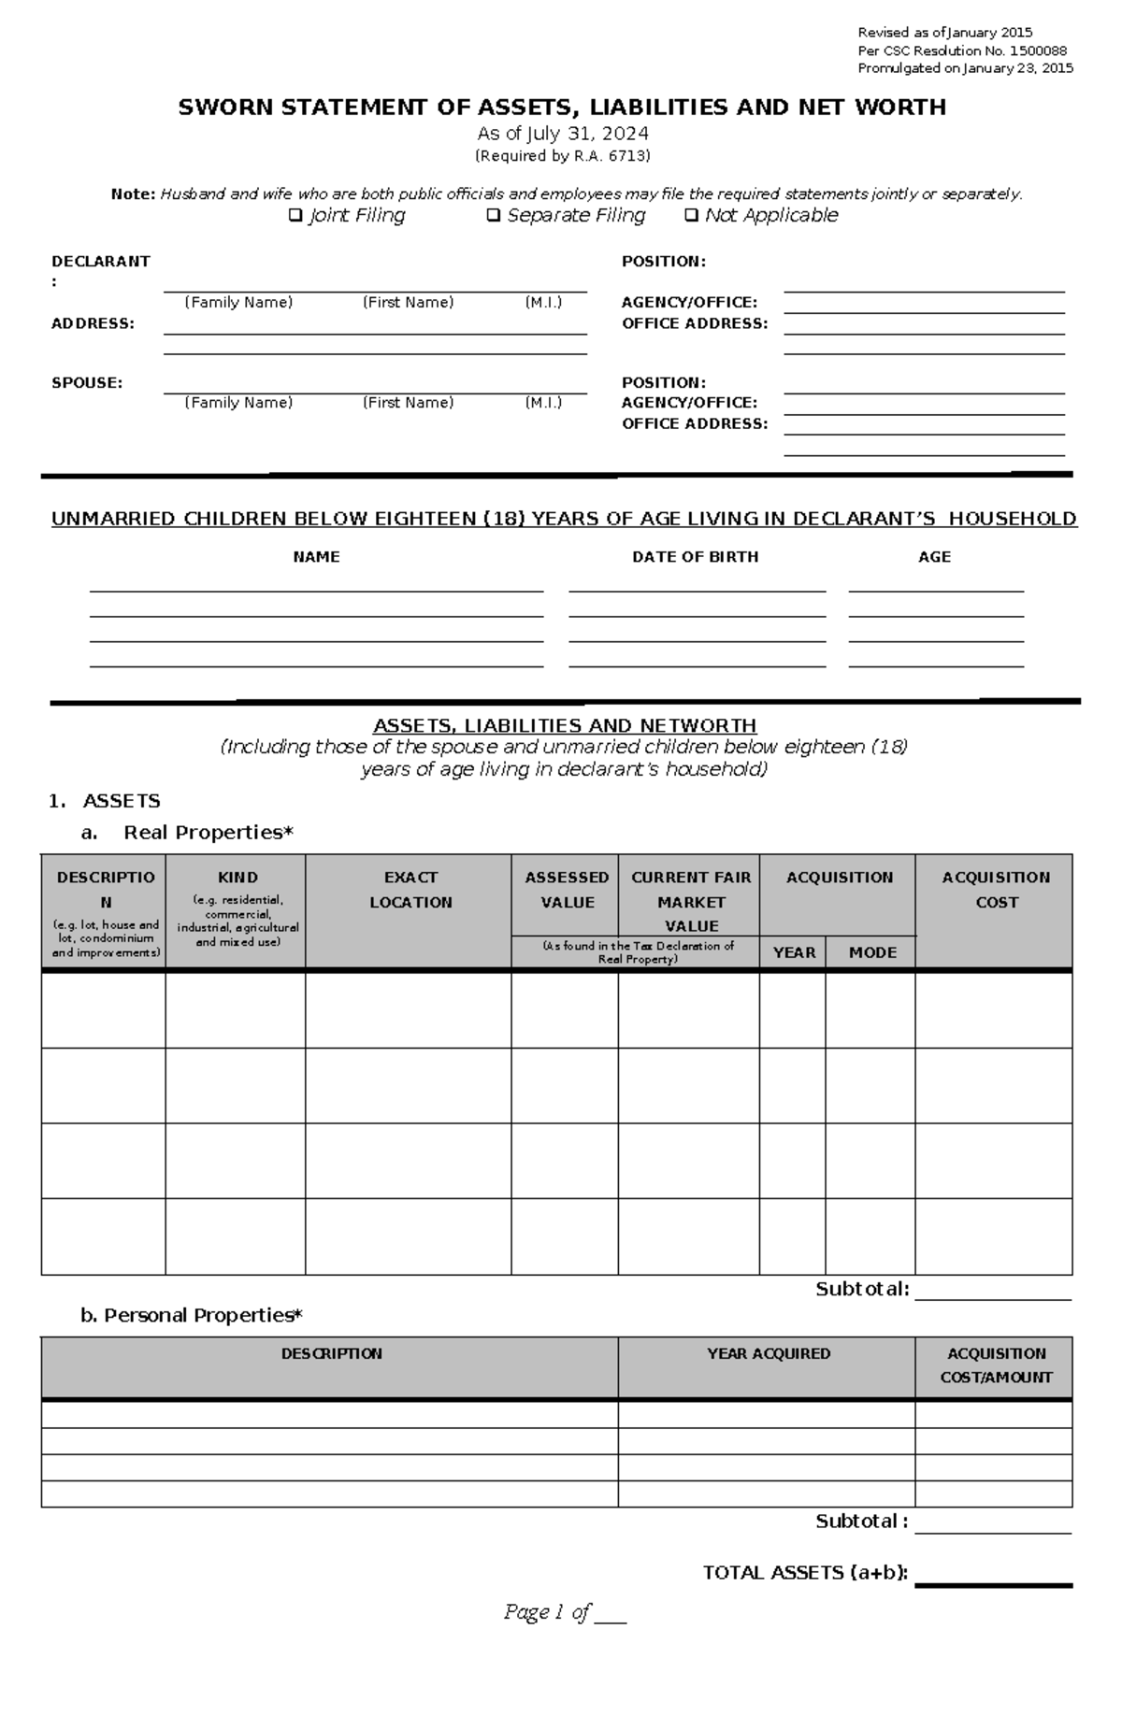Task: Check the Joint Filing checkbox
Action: click(295, 216)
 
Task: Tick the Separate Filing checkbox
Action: click(494, 216)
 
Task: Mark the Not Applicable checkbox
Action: click(691, 216)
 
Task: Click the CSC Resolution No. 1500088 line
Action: click(962, 51)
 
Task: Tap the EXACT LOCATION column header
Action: click(410, 890)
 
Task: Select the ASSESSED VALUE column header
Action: click(567, 890)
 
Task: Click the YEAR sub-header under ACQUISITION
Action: click(794, 952)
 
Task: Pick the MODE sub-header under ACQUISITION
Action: click(872, 952)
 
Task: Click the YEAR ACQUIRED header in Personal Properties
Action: click(768, 1353)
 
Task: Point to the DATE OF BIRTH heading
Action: click(695, 557)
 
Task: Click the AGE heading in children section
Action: click(934, 557)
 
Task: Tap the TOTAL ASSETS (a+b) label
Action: click(805, 1573)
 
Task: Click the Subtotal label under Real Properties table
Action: click(861, 1289)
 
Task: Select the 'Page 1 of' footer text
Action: click(547, 1611)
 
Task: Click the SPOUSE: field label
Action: click(87, 382)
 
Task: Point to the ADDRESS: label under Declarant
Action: click(93, 323)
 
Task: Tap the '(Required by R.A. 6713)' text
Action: click(562, 156)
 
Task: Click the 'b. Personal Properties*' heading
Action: click(192, 1315)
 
